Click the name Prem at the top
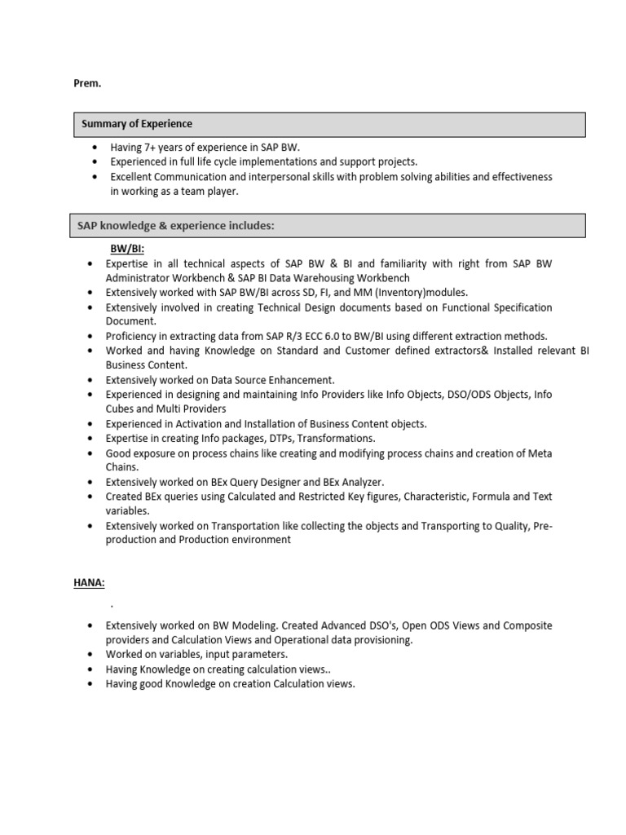[87, 83]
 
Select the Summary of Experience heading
[136, 124]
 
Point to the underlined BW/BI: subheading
[127, 248]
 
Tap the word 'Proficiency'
[134, 336]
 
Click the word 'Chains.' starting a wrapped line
[122, 468]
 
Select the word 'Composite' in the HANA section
[527, 625]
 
